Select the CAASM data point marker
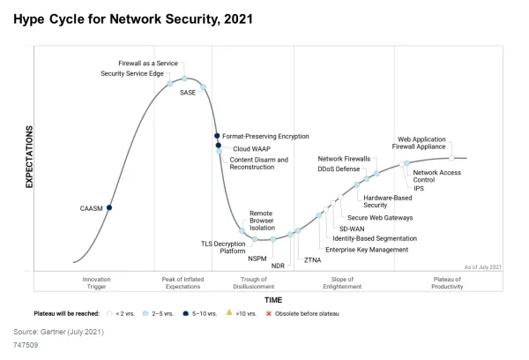point(109,207)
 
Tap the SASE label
point(188,92)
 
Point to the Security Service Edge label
point(132,73)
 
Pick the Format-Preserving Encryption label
point(265,137)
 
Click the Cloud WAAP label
point(250,149)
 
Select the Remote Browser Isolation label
point(261,221)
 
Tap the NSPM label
point(257,259)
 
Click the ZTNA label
point(312,259)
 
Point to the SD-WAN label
point(353,229)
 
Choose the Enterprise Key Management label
point(366,250)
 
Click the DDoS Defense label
point(339,169)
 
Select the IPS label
point(419,188)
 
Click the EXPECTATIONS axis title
point(28,156)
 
